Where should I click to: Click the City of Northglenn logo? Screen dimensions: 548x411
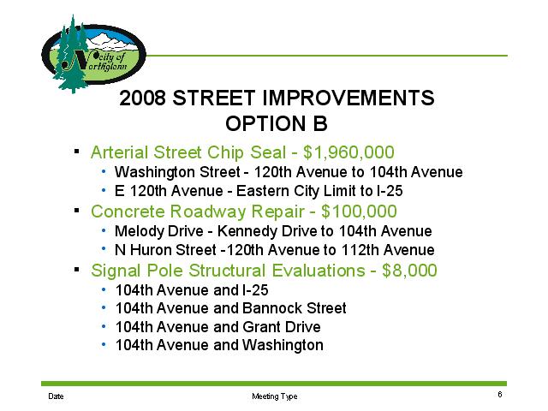click(x=93, y=54)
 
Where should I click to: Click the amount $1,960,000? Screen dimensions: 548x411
click(x=348, y=152)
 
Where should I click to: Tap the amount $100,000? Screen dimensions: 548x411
click(x=359, y=211)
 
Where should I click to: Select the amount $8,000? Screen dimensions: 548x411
click(x=409, y=271)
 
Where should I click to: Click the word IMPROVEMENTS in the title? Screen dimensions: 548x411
click(x=348, y=98)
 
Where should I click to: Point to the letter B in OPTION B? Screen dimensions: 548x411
click(x=320, y=123)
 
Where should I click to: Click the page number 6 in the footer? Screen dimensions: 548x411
click(x=500, y=394)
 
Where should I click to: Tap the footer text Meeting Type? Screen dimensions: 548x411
click(x=274, y=396)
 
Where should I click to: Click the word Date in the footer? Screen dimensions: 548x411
click(x=56, y=396)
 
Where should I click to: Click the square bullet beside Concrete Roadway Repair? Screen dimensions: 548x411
click(x=77, y=211)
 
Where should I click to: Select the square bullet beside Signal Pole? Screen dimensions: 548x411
click(x=77, y=269)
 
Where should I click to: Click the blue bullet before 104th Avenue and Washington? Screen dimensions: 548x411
click(x=104, y=344)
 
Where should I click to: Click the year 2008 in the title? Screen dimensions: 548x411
click(x=142, y=98)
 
